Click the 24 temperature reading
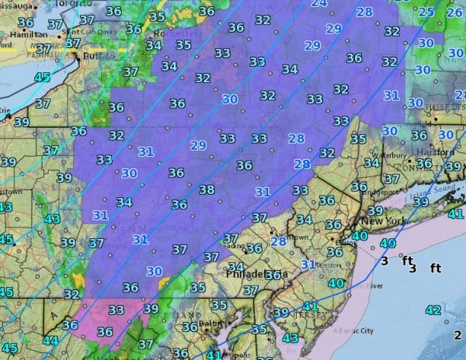318,4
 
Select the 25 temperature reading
426,12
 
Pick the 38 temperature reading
207,190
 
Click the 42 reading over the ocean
433,310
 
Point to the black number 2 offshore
457,334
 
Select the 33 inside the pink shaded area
116,310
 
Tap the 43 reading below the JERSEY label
291,338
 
